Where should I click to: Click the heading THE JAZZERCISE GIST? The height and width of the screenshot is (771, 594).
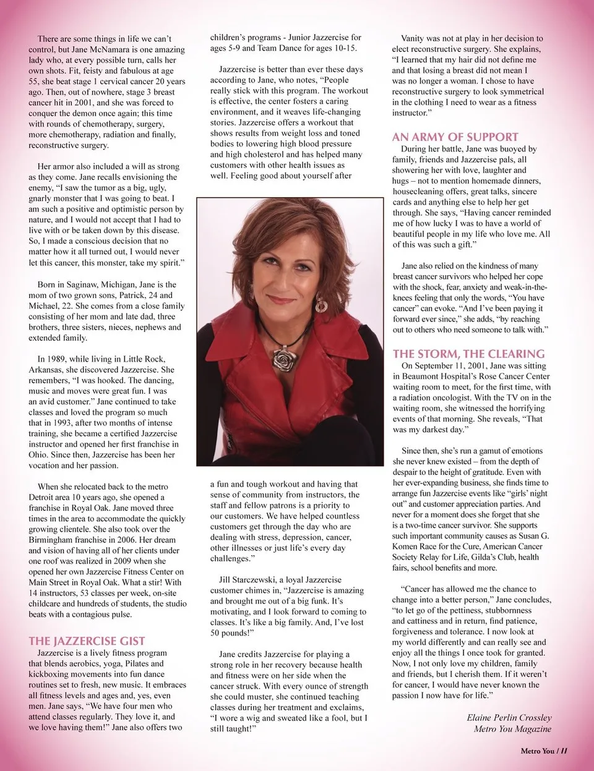click(87, 641)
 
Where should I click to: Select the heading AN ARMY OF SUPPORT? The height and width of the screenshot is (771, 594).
click(455, 137)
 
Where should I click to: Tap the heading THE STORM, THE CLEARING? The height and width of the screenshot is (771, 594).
click(468, 354)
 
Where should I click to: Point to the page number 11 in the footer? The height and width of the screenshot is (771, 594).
click(564, 751)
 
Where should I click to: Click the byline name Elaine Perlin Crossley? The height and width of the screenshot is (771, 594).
click(509, 717)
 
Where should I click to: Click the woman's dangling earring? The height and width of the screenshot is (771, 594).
click(321, 304)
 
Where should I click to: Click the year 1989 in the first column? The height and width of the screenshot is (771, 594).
click(58, 359)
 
